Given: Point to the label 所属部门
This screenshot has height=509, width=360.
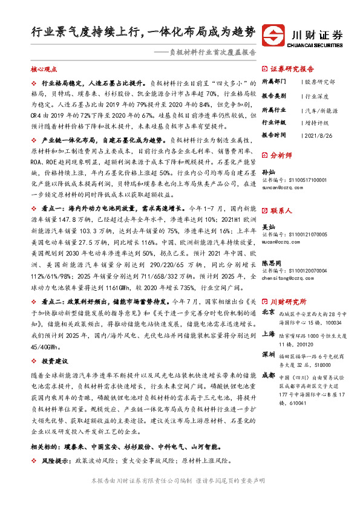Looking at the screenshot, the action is point(275,81).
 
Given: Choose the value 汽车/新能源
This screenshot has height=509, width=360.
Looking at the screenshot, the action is point(321,110).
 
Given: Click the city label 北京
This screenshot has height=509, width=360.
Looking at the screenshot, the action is point(270,313).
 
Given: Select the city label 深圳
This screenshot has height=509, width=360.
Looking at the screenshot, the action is point(270,354).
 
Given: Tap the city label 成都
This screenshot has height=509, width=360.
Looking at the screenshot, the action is point(270,375).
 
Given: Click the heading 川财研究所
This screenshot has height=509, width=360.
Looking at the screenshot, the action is point(288,301).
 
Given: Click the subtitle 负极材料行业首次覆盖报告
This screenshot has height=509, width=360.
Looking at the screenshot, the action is point(212,53).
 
